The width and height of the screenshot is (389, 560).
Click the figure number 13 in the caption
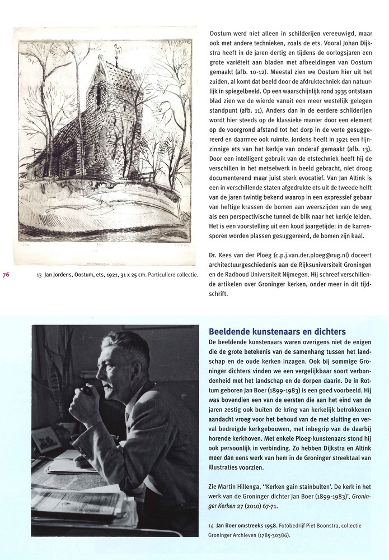click(x=39, y=275)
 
